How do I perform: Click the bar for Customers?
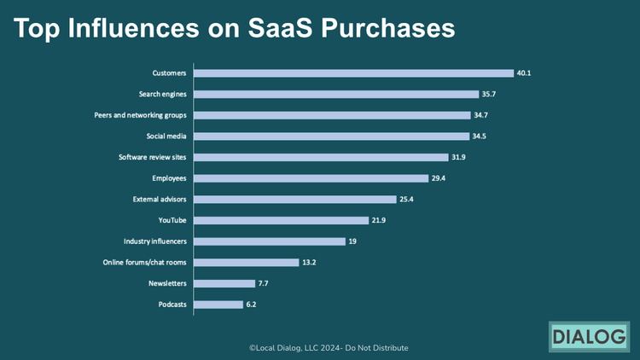354,73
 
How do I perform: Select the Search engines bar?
336,94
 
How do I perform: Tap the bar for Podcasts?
218,305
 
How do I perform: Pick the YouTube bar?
282,220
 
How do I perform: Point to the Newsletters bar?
224,283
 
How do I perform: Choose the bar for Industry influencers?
270,241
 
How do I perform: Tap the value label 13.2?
309,263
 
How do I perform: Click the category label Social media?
166,136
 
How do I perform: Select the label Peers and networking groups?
140,115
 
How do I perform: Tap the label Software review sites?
152,157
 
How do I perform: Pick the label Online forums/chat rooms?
138,263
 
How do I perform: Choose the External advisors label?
160,200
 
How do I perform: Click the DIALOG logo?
588,336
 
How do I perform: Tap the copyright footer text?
328,348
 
